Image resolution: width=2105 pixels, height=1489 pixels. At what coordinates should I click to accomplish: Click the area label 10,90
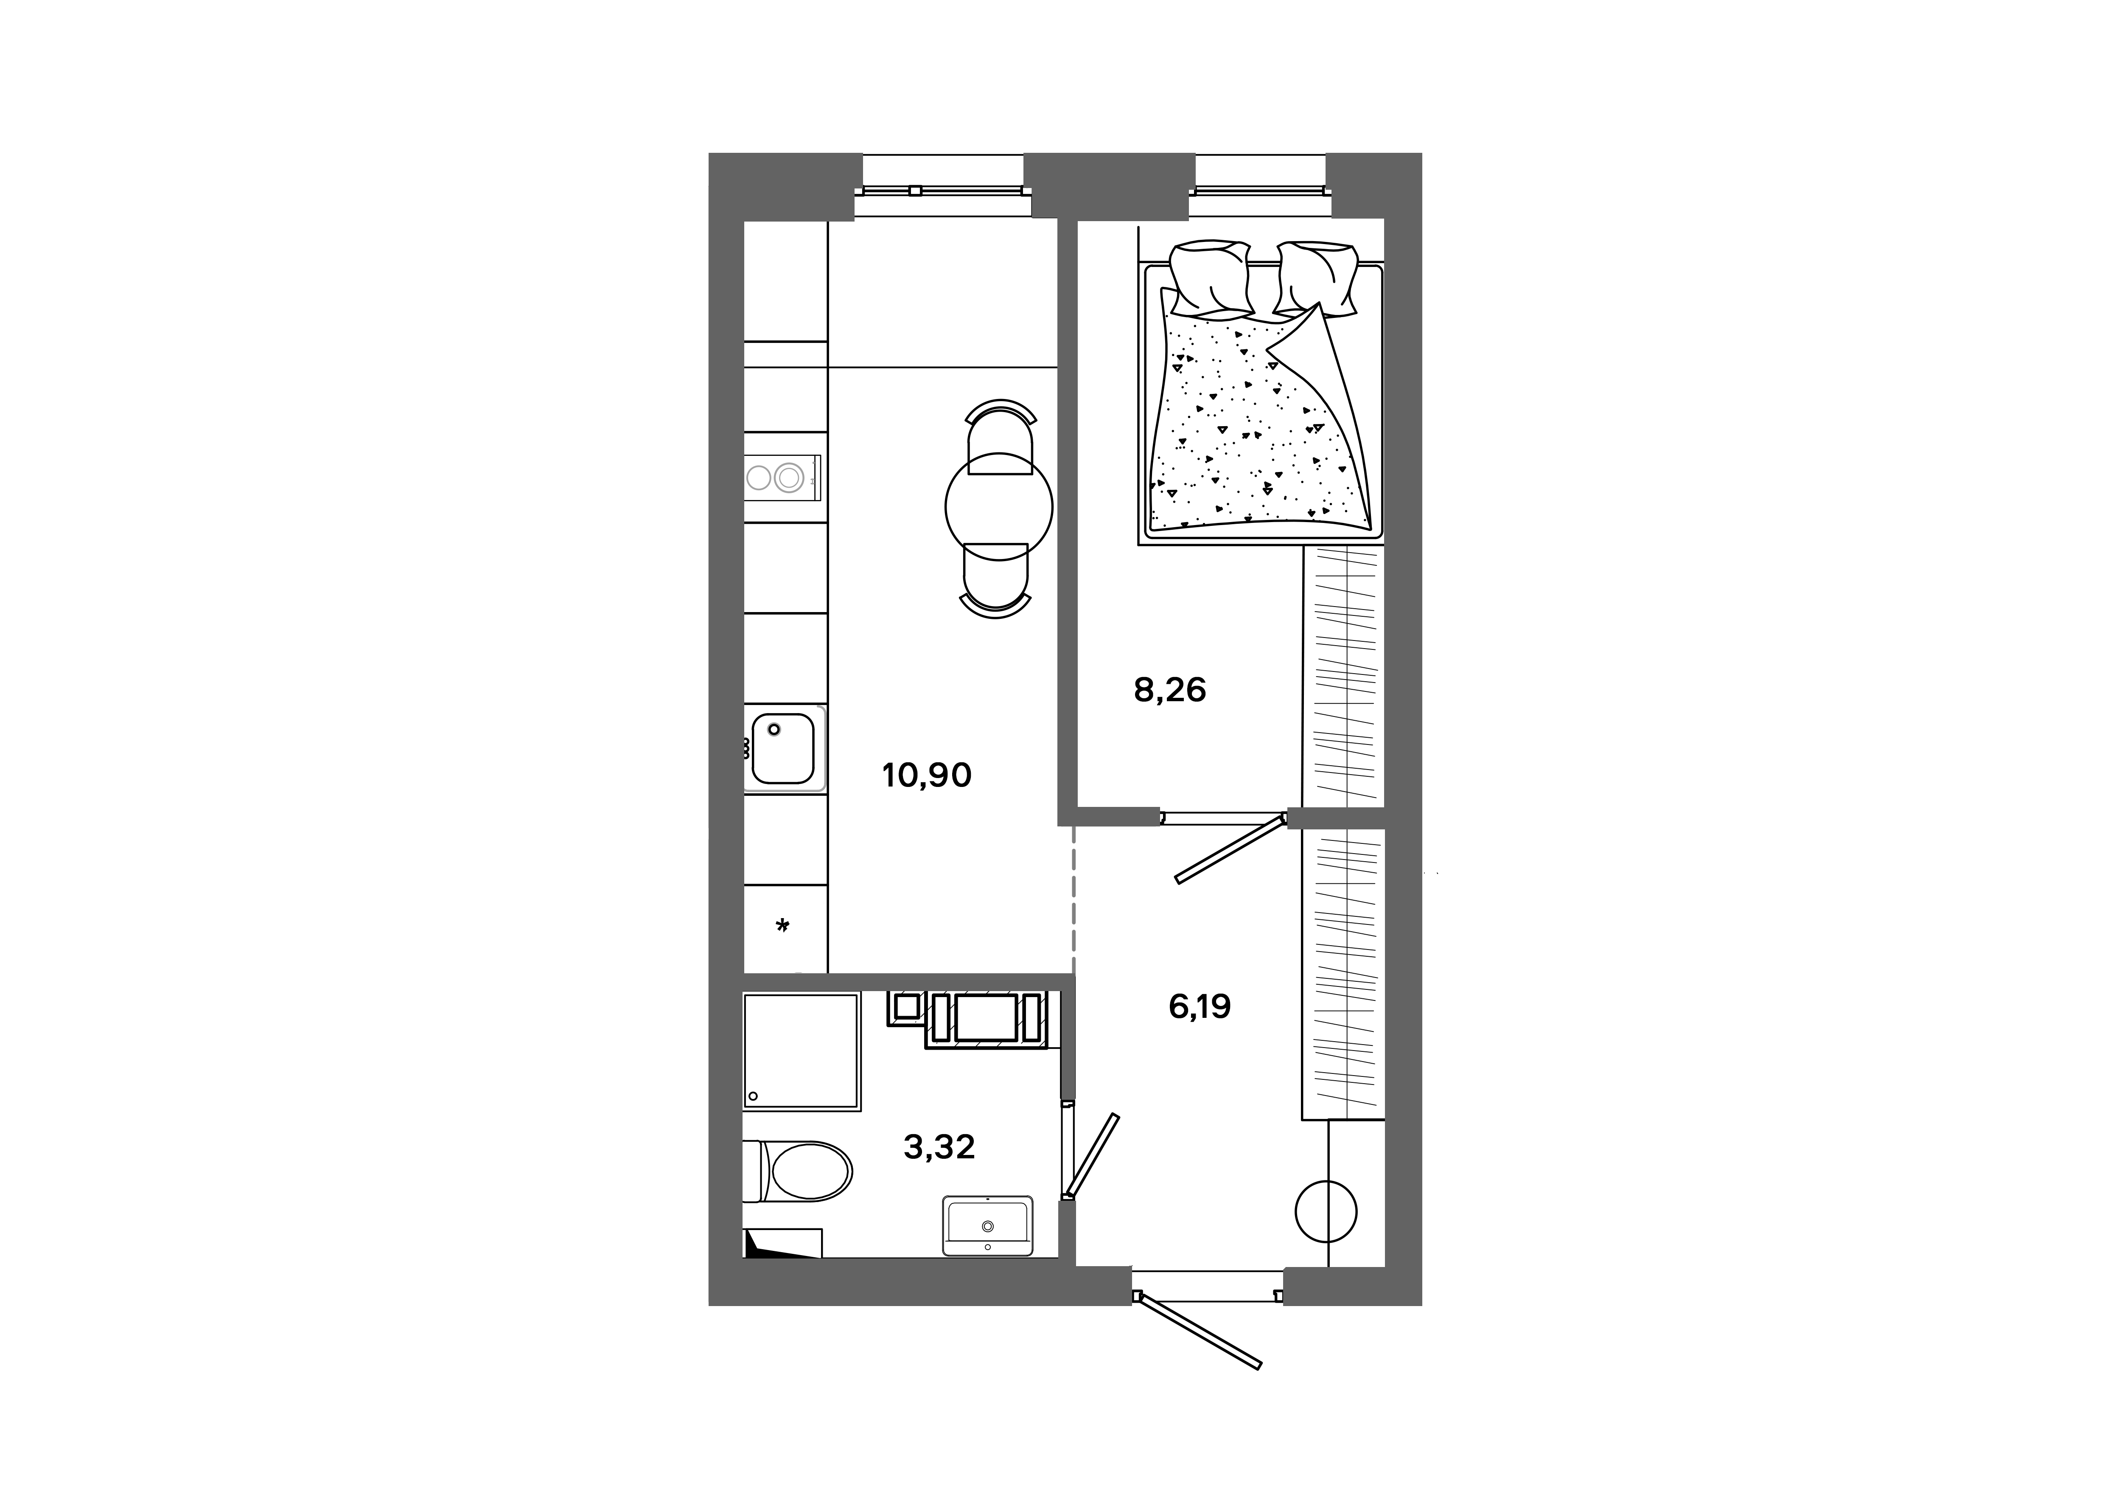coord(927,775)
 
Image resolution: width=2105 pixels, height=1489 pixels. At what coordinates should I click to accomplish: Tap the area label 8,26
coord(1170,689)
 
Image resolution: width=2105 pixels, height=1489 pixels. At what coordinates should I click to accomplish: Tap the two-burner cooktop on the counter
coord(782,477)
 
